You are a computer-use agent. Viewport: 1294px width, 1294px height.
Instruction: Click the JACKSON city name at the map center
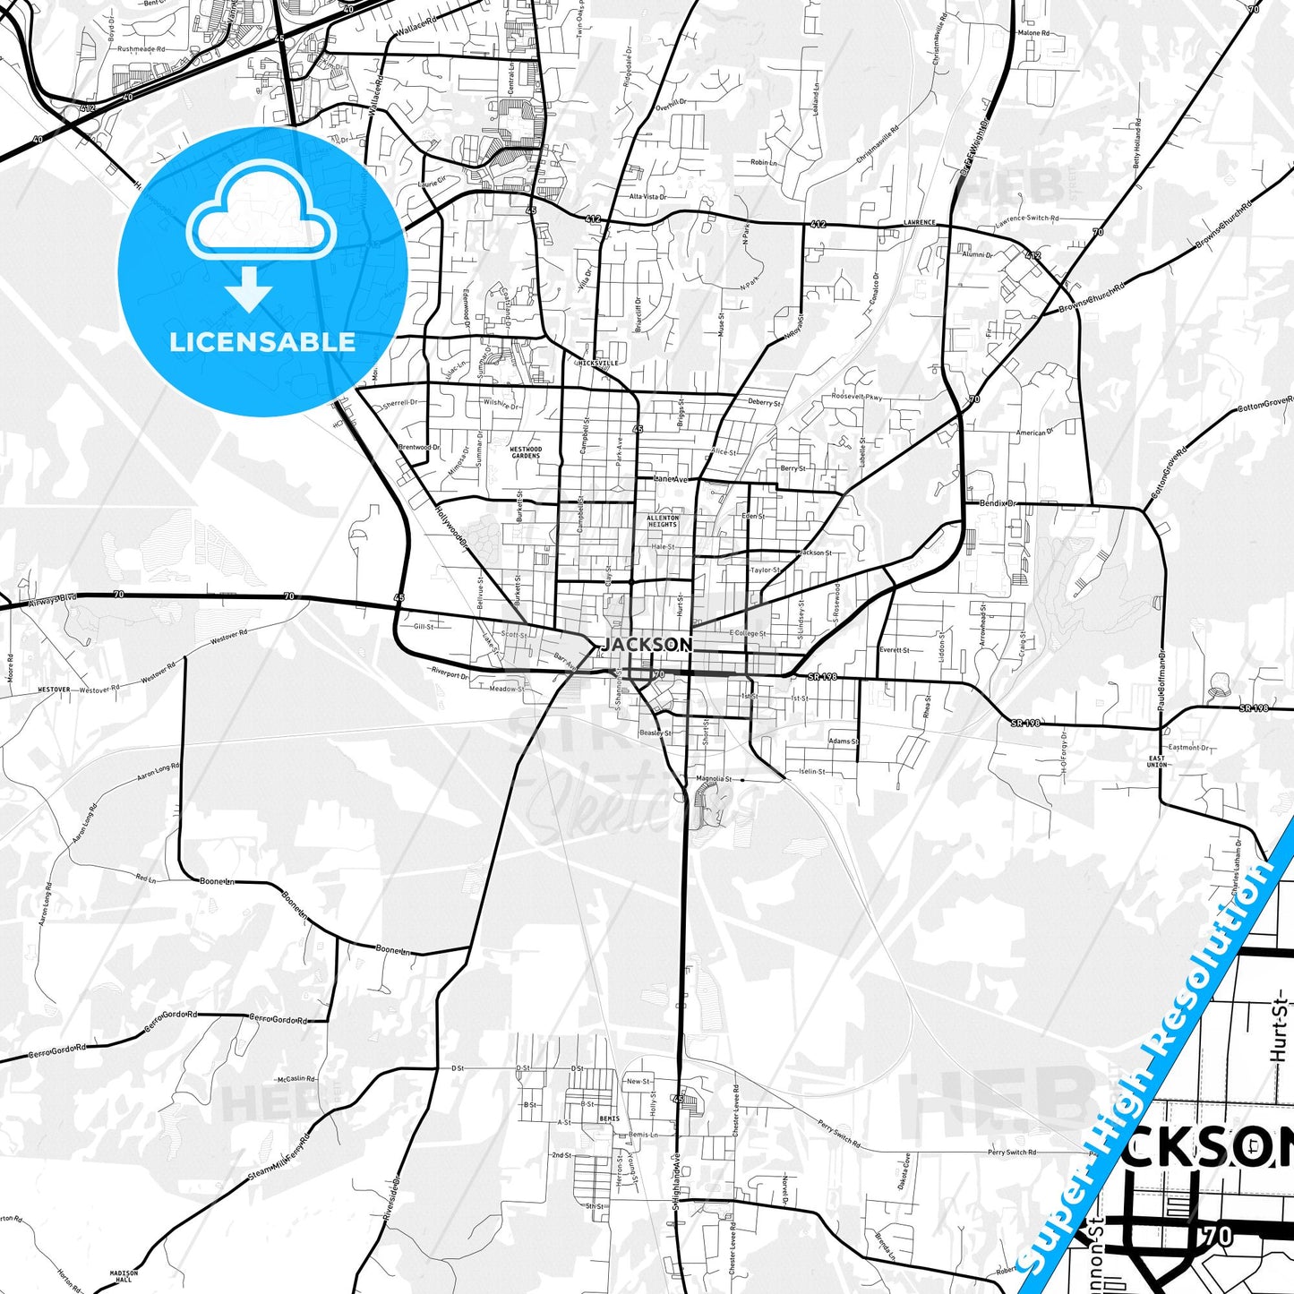click(x=647, y=645)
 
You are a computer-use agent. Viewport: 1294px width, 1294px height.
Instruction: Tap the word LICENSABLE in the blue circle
click(x=262, y=342)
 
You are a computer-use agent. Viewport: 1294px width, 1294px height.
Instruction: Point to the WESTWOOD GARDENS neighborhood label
click(x=526, y=452)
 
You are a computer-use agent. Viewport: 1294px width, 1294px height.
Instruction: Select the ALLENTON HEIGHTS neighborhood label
click(x=663, y=521)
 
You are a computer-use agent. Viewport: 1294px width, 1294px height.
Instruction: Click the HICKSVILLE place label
click(x=598, y=363)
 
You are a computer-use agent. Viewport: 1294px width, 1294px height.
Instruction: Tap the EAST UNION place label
click(x=1157, y=761)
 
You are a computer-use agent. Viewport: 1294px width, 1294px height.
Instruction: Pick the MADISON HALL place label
click(x=124, y=1275)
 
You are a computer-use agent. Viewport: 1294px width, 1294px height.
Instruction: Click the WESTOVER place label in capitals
click(x=54, y=690)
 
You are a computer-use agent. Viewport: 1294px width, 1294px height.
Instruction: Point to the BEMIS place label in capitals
click(x=610, y=1118)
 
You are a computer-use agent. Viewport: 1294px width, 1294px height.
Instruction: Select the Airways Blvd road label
click(x=54, y=600)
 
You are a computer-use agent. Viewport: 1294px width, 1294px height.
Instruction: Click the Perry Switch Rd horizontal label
click(x=1012, y=1153)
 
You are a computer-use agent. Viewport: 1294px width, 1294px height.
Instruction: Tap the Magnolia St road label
click(x=714, y=779)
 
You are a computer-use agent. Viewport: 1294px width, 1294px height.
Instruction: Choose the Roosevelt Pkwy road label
click(x=857, y=396)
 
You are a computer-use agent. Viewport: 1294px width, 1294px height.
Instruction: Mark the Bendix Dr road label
click(x=998, y=503)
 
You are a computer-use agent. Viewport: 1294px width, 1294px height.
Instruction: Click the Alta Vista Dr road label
click(x=647, y=196)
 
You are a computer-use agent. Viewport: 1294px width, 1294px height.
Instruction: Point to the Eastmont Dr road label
click(x=1189, y=747)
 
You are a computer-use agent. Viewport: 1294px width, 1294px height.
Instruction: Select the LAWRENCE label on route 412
click(x=919, y=222)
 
